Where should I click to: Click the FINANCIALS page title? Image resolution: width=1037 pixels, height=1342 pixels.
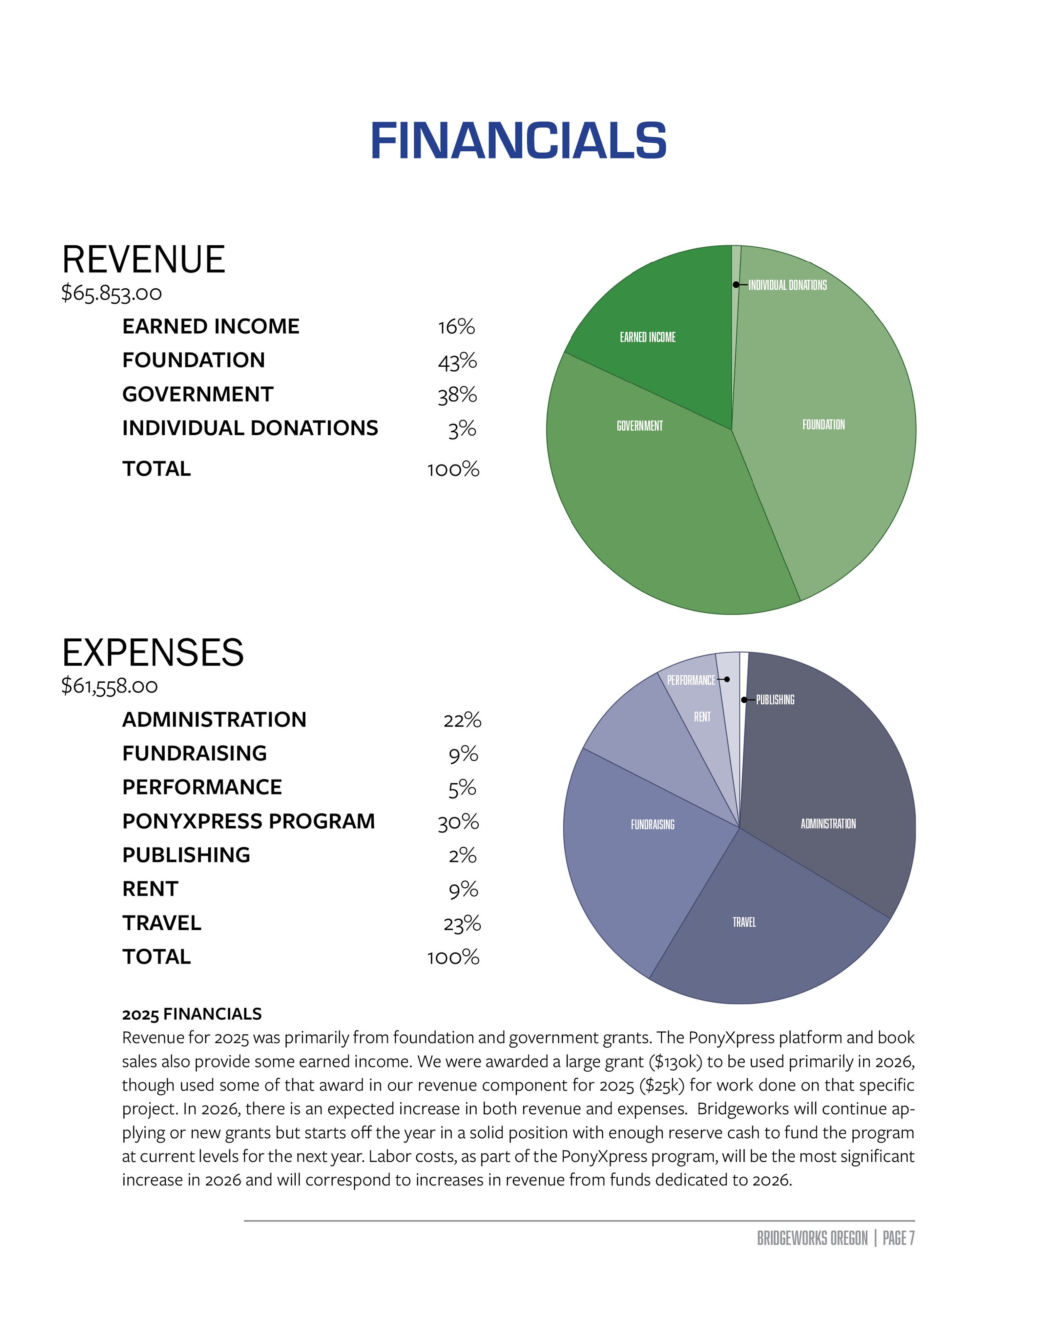click(518, 141)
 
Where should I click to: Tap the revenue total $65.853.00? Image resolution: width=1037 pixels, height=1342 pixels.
click(111, 293)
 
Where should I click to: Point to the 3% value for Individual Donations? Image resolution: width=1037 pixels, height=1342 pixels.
click(462, 429)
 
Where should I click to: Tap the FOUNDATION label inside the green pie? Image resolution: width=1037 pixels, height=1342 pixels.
click(823, 425)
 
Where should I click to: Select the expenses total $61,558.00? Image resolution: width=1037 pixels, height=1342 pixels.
click(110, 686)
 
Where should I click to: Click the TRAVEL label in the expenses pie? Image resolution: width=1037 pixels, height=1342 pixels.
click(744, 922)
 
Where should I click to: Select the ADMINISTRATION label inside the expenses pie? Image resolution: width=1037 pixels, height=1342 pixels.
click(828, 824)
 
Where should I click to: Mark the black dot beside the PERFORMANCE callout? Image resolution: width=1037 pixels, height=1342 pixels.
click(727, 679)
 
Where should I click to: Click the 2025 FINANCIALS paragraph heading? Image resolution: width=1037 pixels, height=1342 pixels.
click(192, 1014)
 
